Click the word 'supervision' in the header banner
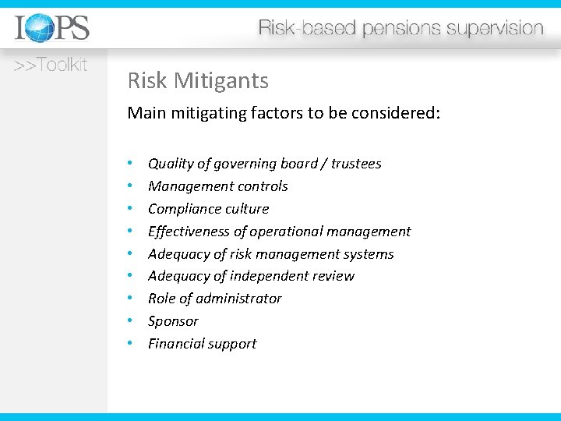496,29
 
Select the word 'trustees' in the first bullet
356,164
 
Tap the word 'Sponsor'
173,321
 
